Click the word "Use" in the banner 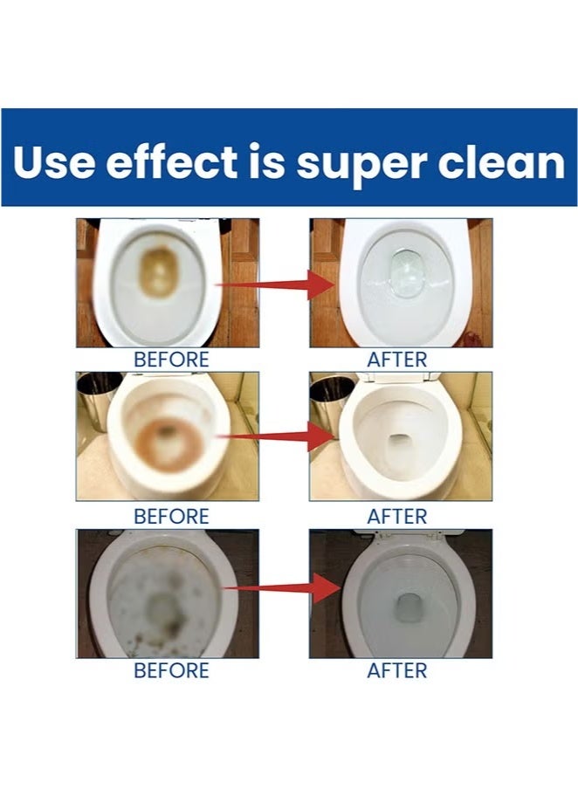click(52, 162)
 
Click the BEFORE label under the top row click(171, 359)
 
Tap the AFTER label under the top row click(397, 359)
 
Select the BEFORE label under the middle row click(171, 516)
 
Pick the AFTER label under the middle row click(397, 516)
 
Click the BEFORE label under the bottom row click(171, 670)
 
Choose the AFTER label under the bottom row click(397, 670)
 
